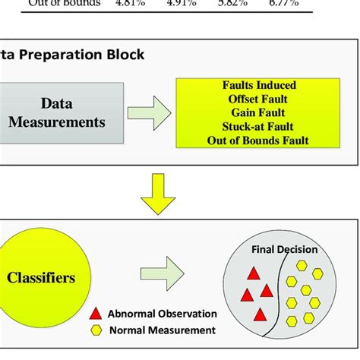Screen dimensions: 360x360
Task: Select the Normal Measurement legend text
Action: coord(161,330)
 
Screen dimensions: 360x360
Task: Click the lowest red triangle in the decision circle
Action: coord(259,314)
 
